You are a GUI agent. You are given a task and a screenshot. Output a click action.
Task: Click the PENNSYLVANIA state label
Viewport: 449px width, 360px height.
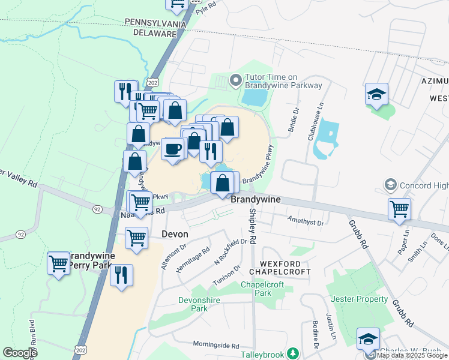pos(155,23)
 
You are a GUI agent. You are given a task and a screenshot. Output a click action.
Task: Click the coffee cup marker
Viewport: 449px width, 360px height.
pos(173,149)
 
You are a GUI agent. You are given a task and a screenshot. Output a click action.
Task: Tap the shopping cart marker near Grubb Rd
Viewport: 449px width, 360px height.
pos(399,209)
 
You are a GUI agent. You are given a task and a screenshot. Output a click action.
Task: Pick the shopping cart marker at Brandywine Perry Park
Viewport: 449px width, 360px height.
pos(59,263)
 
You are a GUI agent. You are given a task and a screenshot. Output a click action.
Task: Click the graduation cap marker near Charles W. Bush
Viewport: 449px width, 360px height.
pos(368,339)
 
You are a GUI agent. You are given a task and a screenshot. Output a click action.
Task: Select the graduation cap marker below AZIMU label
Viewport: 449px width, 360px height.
pos(376,94)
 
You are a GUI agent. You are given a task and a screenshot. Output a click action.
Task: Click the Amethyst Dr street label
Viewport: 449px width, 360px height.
pos(306,222)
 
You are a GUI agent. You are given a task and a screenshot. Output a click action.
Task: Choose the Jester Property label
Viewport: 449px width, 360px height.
pos(358,299)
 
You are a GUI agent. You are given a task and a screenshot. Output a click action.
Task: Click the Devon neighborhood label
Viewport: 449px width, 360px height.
pos(175,234)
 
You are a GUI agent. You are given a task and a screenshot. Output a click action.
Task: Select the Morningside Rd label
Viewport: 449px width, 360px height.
pos(216,346)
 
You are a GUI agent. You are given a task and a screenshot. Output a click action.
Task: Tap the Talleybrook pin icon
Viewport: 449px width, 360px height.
pos(292,353)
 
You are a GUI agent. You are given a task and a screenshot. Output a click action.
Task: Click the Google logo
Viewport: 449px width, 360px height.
pos(20,352)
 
